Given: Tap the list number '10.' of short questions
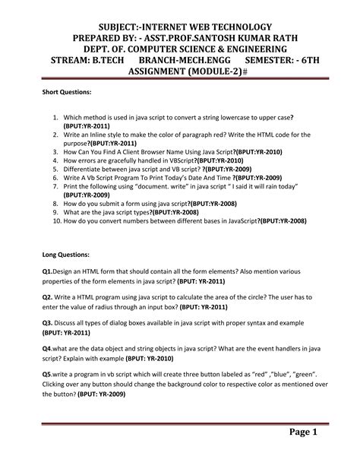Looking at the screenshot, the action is click(x=57, y=221).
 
